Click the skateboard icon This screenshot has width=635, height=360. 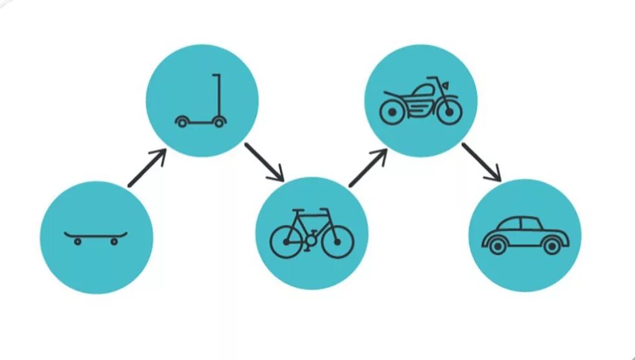[x=96, y=236]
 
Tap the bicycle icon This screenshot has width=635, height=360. [x=312, y=234]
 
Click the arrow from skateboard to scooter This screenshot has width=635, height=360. [x=147, y=168]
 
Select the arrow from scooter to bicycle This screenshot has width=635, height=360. [x=264, y=162]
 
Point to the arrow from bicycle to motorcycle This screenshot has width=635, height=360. [x=367, y=167]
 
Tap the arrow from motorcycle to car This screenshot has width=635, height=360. [x=481, y=162]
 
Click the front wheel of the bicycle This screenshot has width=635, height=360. [x=337, y=242]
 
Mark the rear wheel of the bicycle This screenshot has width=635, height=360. [x=286, y=242]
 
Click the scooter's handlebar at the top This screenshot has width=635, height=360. [x=216, y=76]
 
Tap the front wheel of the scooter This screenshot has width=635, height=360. [x=220, y=121]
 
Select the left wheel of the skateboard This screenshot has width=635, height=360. [x=78, y=242]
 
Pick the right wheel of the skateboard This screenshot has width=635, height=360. [x=114, y=242]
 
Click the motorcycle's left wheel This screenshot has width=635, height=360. [x=391, y=113]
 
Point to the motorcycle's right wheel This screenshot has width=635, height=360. [x=448, y=113]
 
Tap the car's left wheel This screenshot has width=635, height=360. [x=497, y=246]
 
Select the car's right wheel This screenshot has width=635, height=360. [x=551, y=246]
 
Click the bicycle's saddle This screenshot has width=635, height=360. [x=299, y=211]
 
